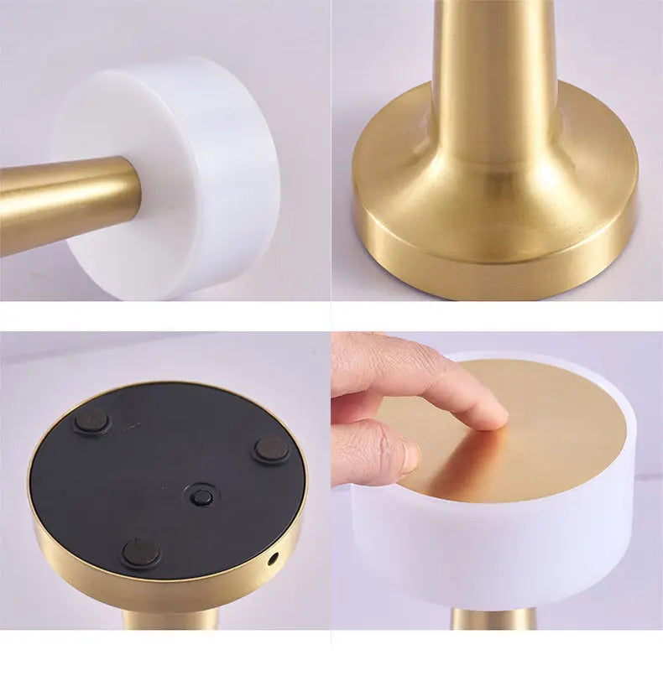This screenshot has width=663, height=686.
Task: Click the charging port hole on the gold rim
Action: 271,557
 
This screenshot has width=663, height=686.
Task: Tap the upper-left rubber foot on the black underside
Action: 91,421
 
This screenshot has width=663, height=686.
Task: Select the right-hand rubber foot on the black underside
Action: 272,450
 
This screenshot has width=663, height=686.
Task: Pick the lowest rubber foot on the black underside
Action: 140,553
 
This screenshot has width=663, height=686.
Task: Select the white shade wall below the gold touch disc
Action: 504,553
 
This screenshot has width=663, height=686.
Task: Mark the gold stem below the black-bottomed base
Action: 172,620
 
